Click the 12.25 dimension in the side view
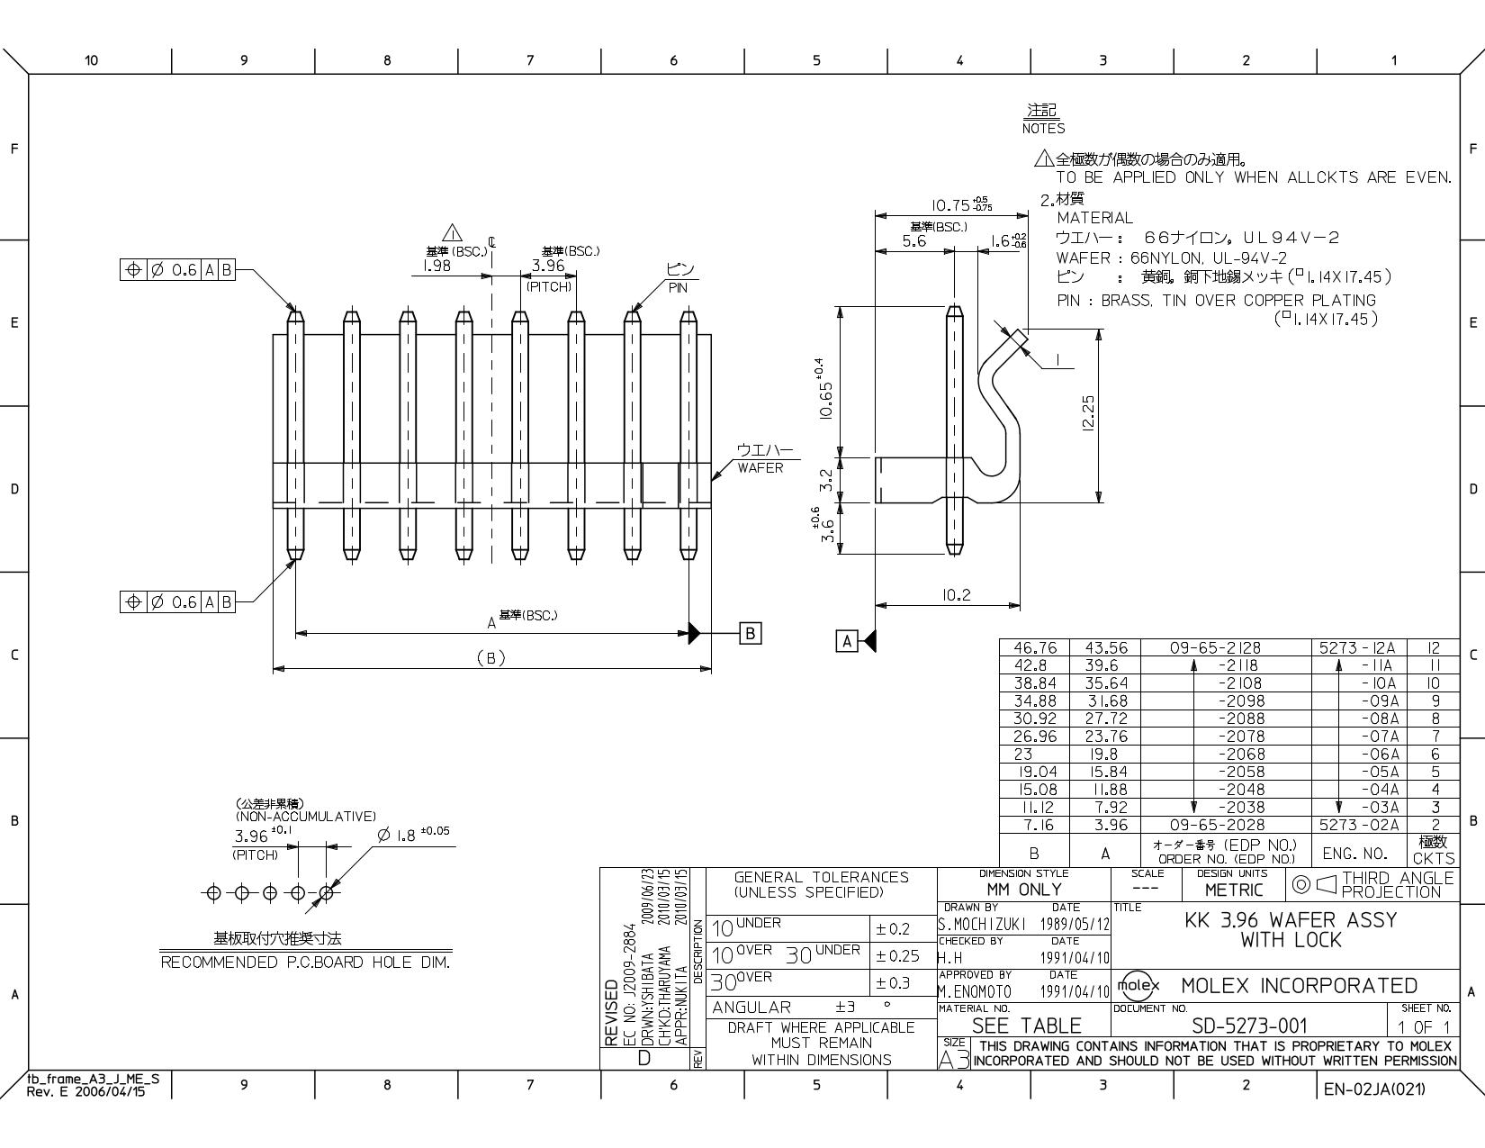[1089, 413]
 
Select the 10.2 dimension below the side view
[956, 595]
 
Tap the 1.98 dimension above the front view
[436, 266]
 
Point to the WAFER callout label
[760, 468]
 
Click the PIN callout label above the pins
[678, 288]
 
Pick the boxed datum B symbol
[750, 634]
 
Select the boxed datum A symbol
[847, 641]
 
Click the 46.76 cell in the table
[1034, 647]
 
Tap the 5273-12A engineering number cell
[1356, 647]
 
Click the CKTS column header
[1434, 858]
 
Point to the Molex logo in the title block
[1138, 985]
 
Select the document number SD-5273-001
[1249, 1026]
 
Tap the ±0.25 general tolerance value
[898, 956]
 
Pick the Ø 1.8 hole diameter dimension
[413, 834]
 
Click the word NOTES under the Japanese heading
[1043, 129]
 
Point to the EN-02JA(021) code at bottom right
[1374, 1089]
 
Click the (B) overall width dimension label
[490, 658]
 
